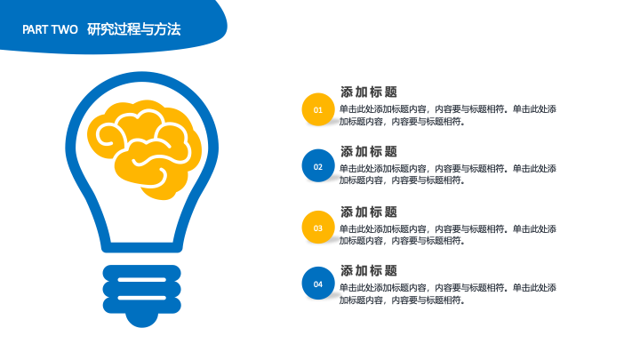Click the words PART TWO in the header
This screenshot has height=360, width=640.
[x=50, y=29]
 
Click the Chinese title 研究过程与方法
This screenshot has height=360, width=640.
[x=134, y=29]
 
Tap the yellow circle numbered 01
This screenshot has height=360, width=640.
[x=318, y=109]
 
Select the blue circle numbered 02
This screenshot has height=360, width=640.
[x=318, y=165]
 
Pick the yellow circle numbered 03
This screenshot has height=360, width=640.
[x=318, y=228]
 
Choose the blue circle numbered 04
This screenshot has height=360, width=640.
[x=318, y=284]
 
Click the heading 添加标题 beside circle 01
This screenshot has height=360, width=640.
[x=369, y=92]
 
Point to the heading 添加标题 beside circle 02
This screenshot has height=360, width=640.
[x=369, y=151]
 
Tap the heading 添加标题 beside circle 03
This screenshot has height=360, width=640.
[x=369, y=212]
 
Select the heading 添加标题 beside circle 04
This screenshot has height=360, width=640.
[x=369, y=270]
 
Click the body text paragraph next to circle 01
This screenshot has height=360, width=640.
[x=448, y=115]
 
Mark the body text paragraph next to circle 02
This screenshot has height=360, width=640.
[x=448, y=174]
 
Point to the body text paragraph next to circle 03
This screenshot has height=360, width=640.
[x=448, y=235]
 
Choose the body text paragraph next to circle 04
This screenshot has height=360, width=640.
[x=448, y=294]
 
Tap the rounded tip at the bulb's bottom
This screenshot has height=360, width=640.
[x=141, y=320]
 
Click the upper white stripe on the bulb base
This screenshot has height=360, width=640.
[x=141, y=280]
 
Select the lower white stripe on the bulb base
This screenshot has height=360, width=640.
[x=141, y=298]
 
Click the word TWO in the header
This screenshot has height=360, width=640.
[x=65, y=29]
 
